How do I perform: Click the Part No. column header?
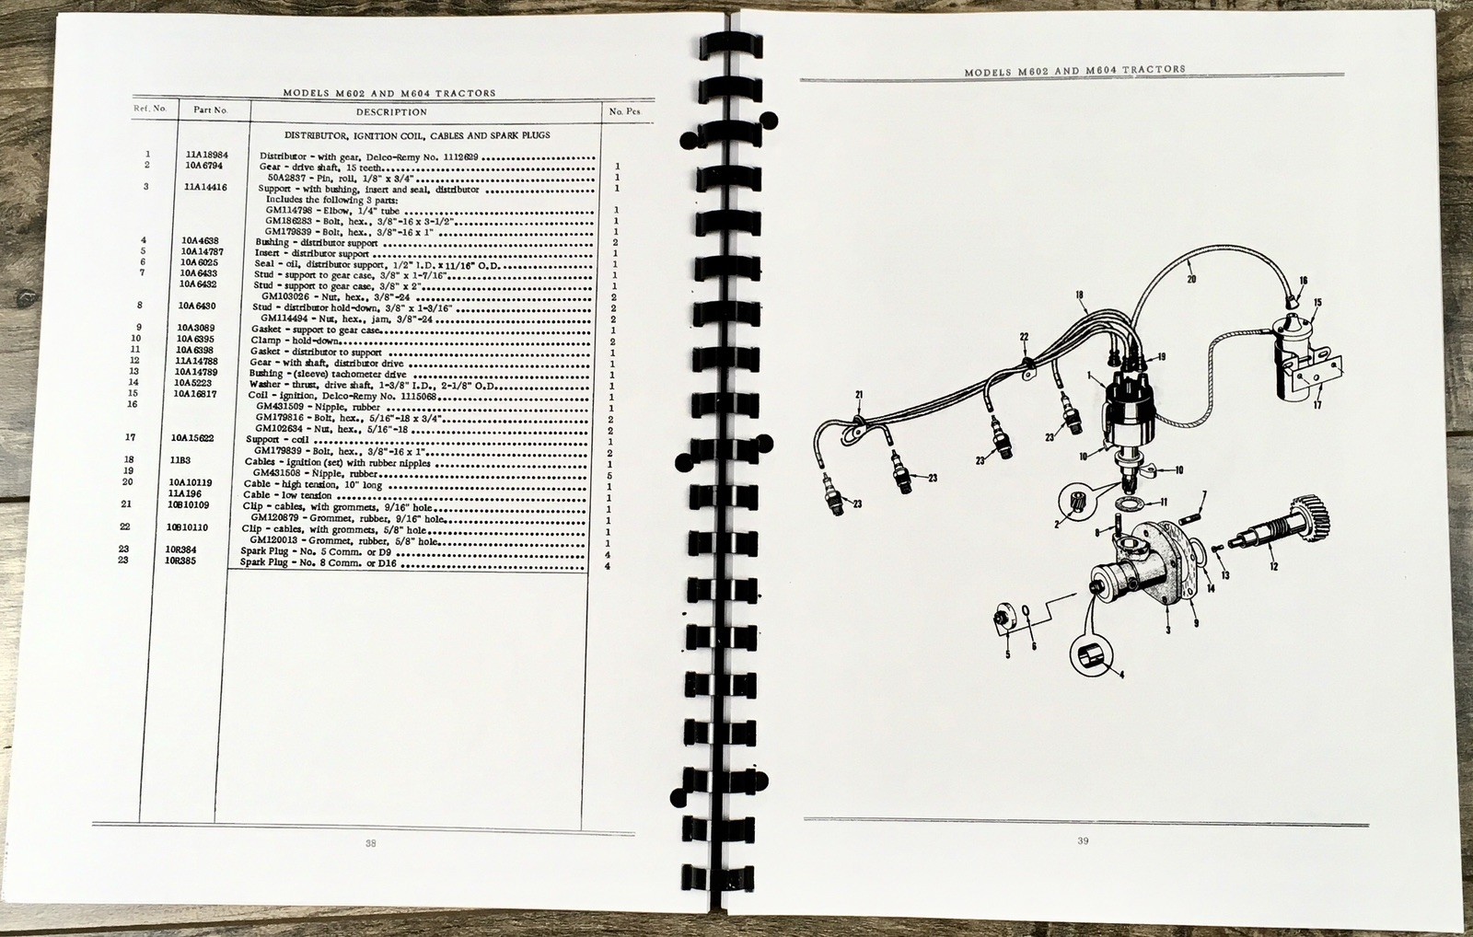210,110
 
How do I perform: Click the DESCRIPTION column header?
391,112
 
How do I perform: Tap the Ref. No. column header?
149,109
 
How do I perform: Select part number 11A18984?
206,156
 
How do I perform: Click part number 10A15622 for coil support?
193,439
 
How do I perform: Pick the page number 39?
1083,840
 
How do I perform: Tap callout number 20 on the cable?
1191,279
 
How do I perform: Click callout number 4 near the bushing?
1119,674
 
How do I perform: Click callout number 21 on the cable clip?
858,396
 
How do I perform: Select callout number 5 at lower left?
1007,654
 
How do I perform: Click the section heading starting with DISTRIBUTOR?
417,135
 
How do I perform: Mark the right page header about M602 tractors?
1074,70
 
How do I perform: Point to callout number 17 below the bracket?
1316,405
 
